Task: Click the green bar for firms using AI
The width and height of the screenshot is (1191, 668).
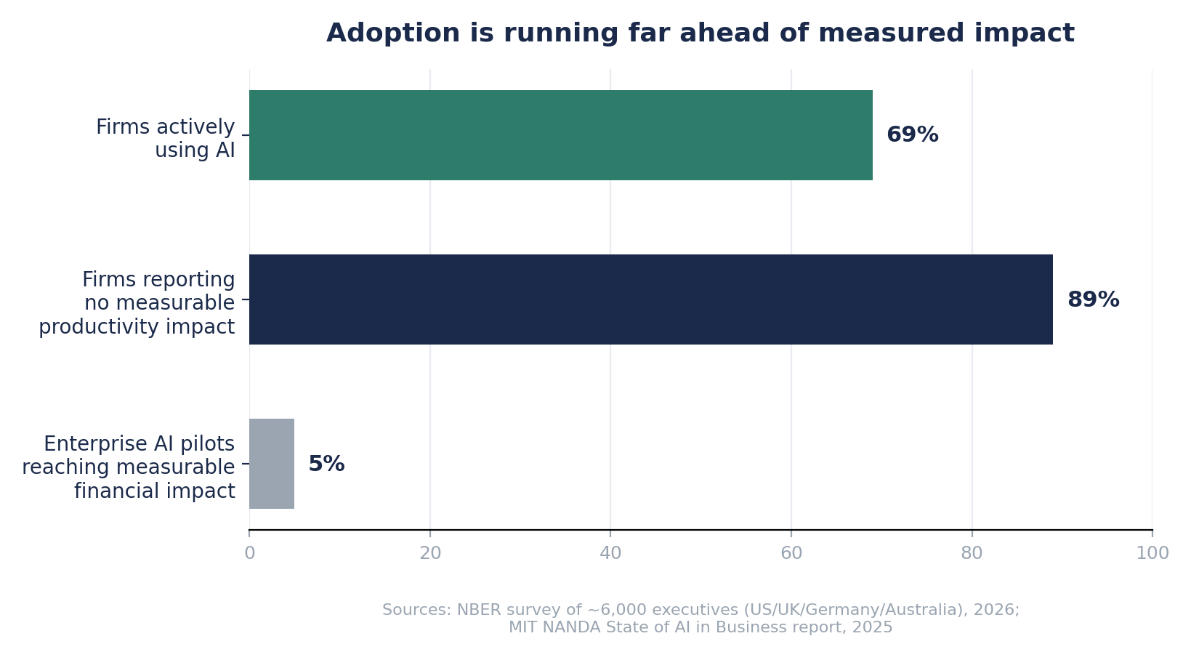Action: [561, 135]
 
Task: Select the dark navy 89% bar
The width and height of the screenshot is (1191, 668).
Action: [651, 299]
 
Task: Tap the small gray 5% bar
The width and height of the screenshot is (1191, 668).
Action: [272, 464]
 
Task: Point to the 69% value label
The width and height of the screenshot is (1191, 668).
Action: [913, 135]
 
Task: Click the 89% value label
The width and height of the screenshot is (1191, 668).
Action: [1093, 300]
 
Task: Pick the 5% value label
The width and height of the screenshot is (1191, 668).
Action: [326, 464]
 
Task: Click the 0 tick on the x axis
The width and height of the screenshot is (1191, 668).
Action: [249, 553]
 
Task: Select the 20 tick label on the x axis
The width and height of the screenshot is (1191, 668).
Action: [430, 553]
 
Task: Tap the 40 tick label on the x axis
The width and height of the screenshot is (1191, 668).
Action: [610, 553]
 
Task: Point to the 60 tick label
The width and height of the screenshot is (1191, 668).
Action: [791, 553]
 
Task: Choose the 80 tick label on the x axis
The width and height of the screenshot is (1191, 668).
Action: [972, 553]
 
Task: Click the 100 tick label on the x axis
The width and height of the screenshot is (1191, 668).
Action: [1152, 553]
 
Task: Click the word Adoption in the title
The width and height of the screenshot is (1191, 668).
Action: [393, 33]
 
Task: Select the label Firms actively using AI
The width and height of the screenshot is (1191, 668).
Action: [166, 138]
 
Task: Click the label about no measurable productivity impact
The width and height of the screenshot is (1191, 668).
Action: [137, 302]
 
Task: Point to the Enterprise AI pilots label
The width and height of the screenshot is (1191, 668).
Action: [128, 467]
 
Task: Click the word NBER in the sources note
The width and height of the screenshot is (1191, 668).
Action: [477, 610]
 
